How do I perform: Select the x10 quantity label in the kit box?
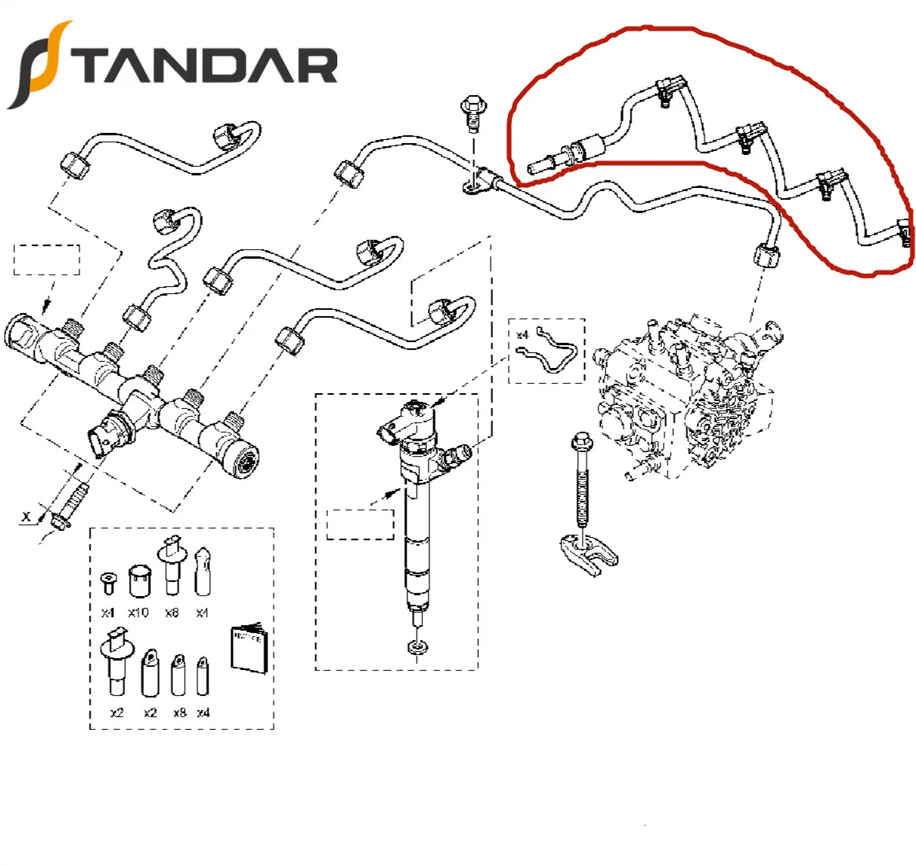click(x=138, y=613)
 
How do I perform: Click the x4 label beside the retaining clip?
click(x=523, y=335)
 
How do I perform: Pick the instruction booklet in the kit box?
click(x=249, y=648)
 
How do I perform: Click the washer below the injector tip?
click(x=414, y=648)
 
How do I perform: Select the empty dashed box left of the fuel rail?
click(x=47, y=259)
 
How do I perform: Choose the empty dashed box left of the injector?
click(x=360, y=524)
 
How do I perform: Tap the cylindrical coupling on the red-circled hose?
click(x=589, y=148)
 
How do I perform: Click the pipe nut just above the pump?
click(x=764, y=257)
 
